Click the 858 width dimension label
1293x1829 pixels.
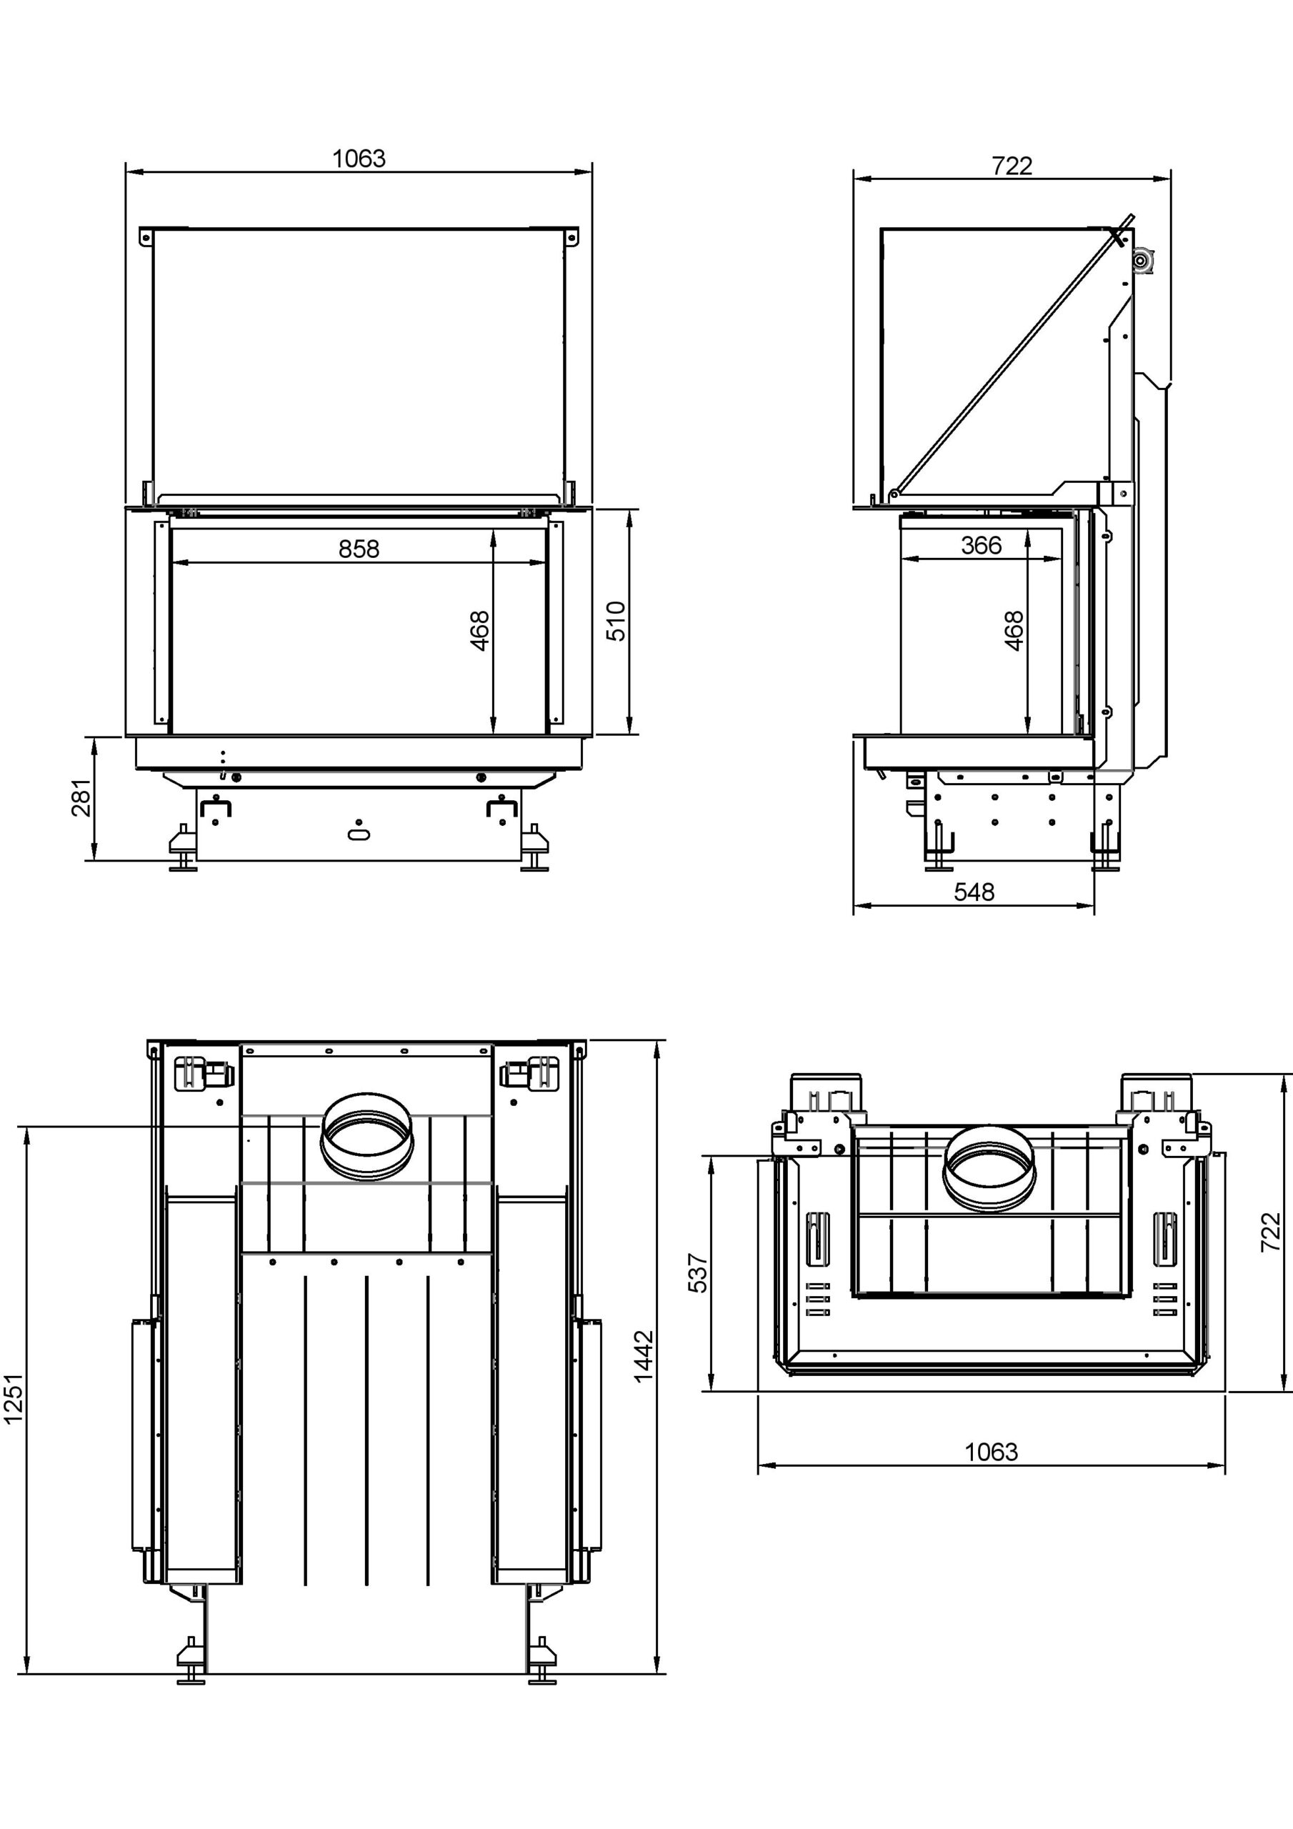click(359, 549)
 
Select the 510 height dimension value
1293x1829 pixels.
click(616, 622)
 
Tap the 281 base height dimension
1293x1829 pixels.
click(81, 797)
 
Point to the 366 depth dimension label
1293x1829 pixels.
click(981, 546)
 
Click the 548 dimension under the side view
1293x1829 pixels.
click(974, 892)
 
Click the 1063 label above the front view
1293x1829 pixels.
click(359, 159)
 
